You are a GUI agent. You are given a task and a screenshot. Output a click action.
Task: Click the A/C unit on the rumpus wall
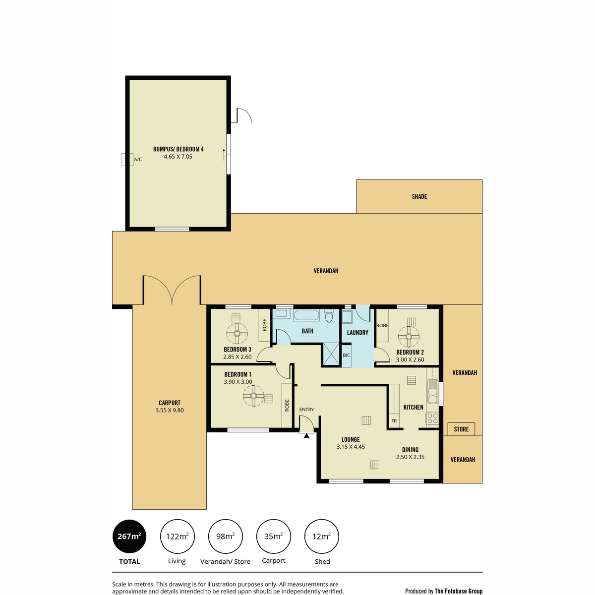click(x=127, y=159)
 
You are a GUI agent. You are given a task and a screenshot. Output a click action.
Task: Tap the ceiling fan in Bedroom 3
click(x=237, y=334)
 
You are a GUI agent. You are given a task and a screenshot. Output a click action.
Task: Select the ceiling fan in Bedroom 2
click(x=409, y=336)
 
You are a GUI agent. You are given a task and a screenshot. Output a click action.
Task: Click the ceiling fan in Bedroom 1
click(x=253, y=396)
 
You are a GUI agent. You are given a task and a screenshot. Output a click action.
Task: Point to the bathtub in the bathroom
click(x=306, y=315)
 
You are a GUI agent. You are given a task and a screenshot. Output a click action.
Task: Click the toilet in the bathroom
click(x=329, y=315)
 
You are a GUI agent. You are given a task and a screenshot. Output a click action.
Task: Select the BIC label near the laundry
click(x=347, y=356)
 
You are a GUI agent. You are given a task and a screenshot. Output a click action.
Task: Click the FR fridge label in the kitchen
click(x=394, y=421)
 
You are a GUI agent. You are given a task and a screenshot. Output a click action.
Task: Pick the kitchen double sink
click(x=432, y=391)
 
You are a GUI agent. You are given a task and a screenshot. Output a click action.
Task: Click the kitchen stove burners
click(x=432, y=418)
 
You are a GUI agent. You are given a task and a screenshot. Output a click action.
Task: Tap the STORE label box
click(x=461, y=429)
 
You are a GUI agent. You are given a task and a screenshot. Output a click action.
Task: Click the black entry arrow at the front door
click(x=306, y=436)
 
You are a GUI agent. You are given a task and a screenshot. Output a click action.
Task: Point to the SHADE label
click(x=419, y=196)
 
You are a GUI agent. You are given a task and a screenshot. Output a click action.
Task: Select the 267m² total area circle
click(x=129, y=536)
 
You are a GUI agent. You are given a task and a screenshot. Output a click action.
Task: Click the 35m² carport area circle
click(x=274, y=536)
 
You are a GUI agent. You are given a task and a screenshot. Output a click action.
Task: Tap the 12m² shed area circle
click(x=321, y=536)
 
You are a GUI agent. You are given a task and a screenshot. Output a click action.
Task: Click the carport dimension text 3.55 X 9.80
click(x=170, y=411)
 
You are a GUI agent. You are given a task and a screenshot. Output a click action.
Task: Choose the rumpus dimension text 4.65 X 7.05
click(x=178, y=157)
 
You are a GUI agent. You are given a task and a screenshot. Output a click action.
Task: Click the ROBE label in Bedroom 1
click(x=287, y=406)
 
